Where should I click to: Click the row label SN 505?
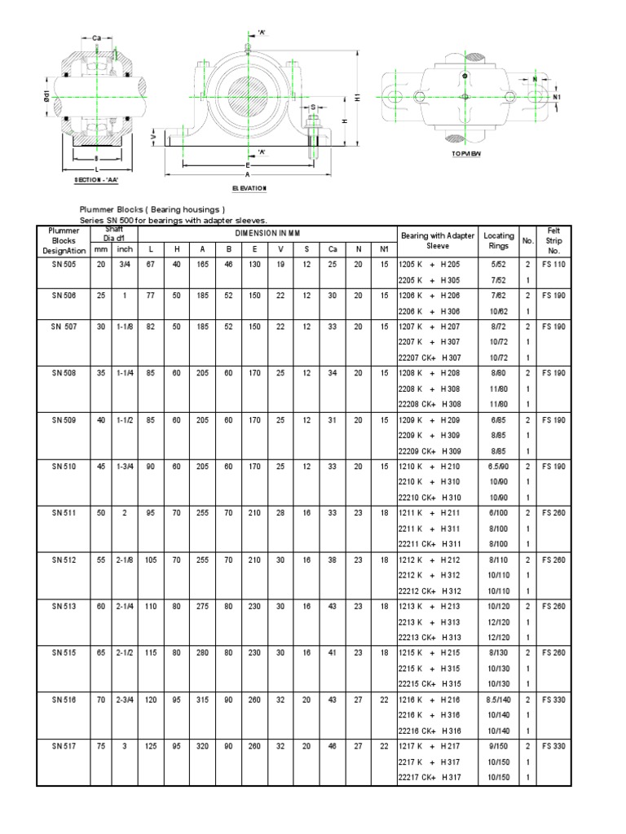[63, 264]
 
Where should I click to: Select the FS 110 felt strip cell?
[553, 264]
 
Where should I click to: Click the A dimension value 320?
[202, 745]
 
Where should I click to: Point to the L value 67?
[151, 264]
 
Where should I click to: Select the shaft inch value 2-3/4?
[124, 699]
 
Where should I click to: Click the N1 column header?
[384, 248]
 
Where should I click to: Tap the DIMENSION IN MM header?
[267, 233]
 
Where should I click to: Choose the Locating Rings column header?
[498, 240]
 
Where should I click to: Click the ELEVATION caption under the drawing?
[249, 188]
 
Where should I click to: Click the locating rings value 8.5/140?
[498, 699]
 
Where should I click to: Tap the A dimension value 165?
[202, 264]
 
